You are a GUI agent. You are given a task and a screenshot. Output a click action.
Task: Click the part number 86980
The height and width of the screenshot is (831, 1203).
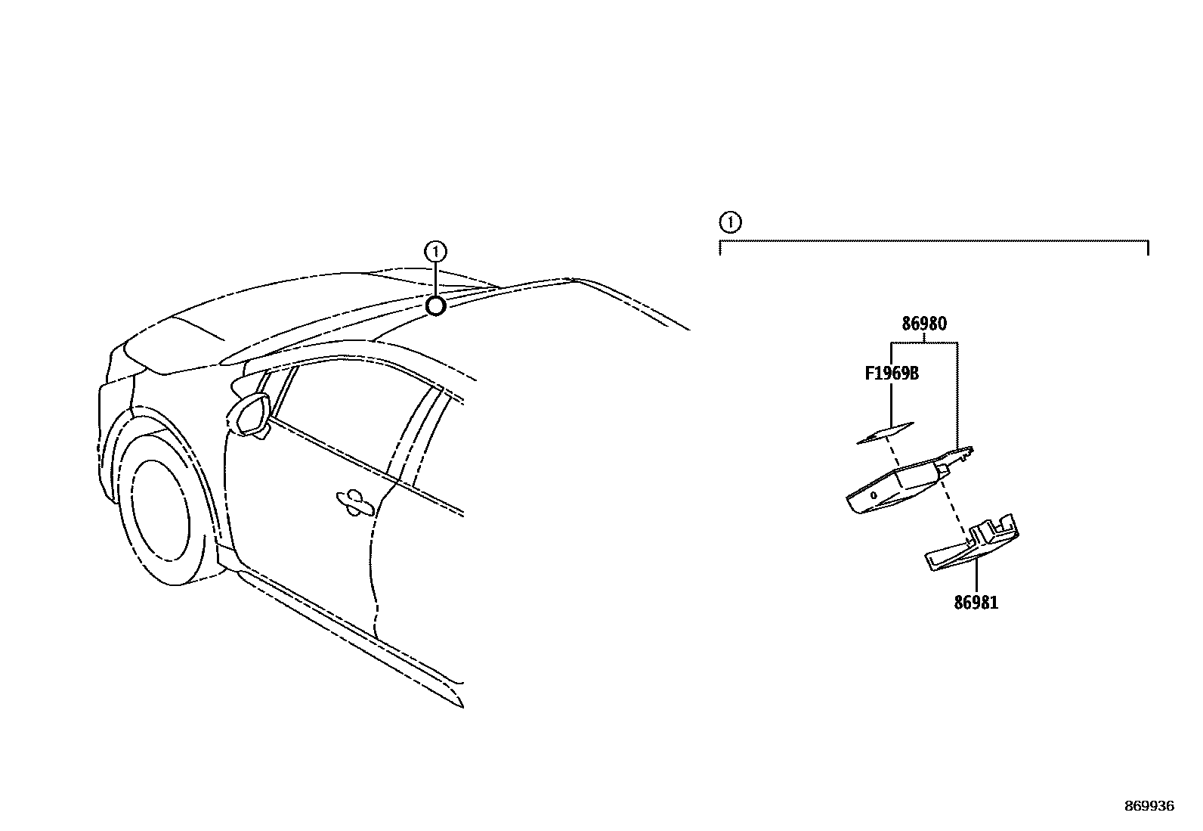[x=923, y=324]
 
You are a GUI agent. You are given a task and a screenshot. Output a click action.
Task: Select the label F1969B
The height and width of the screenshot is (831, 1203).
[x=892, y=374]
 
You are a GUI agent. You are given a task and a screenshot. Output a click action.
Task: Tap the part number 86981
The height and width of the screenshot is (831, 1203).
[x=976, y=603]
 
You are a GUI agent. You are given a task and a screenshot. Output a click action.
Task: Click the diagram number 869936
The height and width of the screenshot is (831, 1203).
[x=1149, y=806]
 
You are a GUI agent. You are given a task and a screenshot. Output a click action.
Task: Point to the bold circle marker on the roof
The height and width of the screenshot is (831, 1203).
[x=435, y=305]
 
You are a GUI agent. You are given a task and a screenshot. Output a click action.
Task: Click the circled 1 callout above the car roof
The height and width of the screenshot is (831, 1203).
[x=436, y=250]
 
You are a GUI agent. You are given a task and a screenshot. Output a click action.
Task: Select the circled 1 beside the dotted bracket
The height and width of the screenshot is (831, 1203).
[x=729, y=222]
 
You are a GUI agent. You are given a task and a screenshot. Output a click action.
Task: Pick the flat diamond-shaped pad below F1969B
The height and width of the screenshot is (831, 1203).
[x=885, y=433]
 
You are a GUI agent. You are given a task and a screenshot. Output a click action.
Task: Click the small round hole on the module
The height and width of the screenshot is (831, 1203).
[x=873, y=495]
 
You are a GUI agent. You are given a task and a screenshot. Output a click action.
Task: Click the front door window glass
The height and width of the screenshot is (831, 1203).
[x=340, y=423]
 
